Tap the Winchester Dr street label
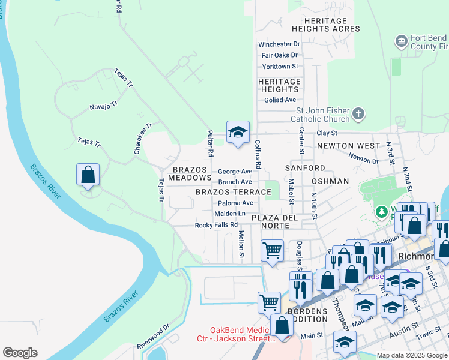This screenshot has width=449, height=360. pyautogui.click(x=279, y=44)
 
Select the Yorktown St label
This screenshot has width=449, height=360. pyautogui.click(x=280, y=67)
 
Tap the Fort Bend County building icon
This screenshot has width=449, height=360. pyautogui.click(x=402, y=41)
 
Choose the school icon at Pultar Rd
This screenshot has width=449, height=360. pyautogui.click(x=238, y=132)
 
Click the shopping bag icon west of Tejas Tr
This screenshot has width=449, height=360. pyautogui.click(x=88, y=175)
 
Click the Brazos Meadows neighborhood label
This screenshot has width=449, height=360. pyautogui.click(x=190, y=174)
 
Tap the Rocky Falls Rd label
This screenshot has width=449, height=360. pyautogui.click(x=217, y=226)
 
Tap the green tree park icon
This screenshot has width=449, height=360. pyautogui.click(x=380, y=212)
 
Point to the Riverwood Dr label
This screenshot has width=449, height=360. pyautogui.click(x=153, y=337)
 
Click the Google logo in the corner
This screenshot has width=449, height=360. pyautogui.click(x=20, y=353)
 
